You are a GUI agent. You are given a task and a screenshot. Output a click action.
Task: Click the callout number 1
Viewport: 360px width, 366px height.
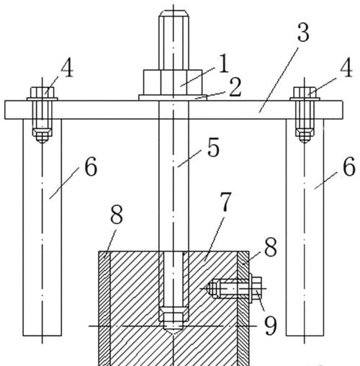point(224,63)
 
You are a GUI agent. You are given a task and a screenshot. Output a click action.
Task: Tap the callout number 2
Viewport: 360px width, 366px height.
point(235,87)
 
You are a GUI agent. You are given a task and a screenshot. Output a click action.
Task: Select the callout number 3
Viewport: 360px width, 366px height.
point(303,32)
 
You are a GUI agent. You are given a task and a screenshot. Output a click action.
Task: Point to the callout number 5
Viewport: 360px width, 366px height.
point(213,147)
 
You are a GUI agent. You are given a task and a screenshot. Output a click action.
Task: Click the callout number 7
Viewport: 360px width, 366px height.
point(225,202)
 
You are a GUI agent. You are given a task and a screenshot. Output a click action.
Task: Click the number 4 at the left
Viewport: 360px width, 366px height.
point(67,68)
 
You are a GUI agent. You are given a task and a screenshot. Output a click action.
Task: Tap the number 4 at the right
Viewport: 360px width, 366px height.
point(346,68)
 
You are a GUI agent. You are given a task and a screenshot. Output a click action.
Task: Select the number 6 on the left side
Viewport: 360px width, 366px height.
point(91,166)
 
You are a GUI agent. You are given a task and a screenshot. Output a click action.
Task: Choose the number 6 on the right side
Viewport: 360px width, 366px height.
point(349,166)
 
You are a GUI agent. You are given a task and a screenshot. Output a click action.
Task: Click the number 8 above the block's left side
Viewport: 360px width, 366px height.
point(117,215)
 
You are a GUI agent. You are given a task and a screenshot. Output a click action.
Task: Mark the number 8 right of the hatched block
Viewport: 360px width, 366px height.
point(271,247)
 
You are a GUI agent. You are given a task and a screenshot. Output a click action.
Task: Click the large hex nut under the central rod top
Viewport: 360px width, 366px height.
point(173,82)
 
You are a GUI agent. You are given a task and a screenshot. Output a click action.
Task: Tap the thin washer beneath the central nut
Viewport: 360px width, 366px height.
point(173,97)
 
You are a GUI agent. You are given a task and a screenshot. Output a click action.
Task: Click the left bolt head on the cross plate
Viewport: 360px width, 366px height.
point(42,92)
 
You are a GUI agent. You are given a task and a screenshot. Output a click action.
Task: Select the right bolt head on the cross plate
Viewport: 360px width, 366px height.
point(305,92)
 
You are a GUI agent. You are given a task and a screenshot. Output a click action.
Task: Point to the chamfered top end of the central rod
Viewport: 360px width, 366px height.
point(174,13)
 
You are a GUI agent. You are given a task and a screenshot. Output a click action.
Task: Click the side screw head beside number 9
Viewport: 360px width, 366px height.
point(257,287)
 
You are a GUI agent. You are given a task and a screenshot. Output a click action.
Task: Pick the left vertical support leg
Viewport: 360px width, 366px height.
point(42,228)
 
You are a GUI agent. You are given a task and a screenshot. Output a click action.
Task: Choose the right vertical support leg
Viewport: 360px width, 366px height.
point(305,228)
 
